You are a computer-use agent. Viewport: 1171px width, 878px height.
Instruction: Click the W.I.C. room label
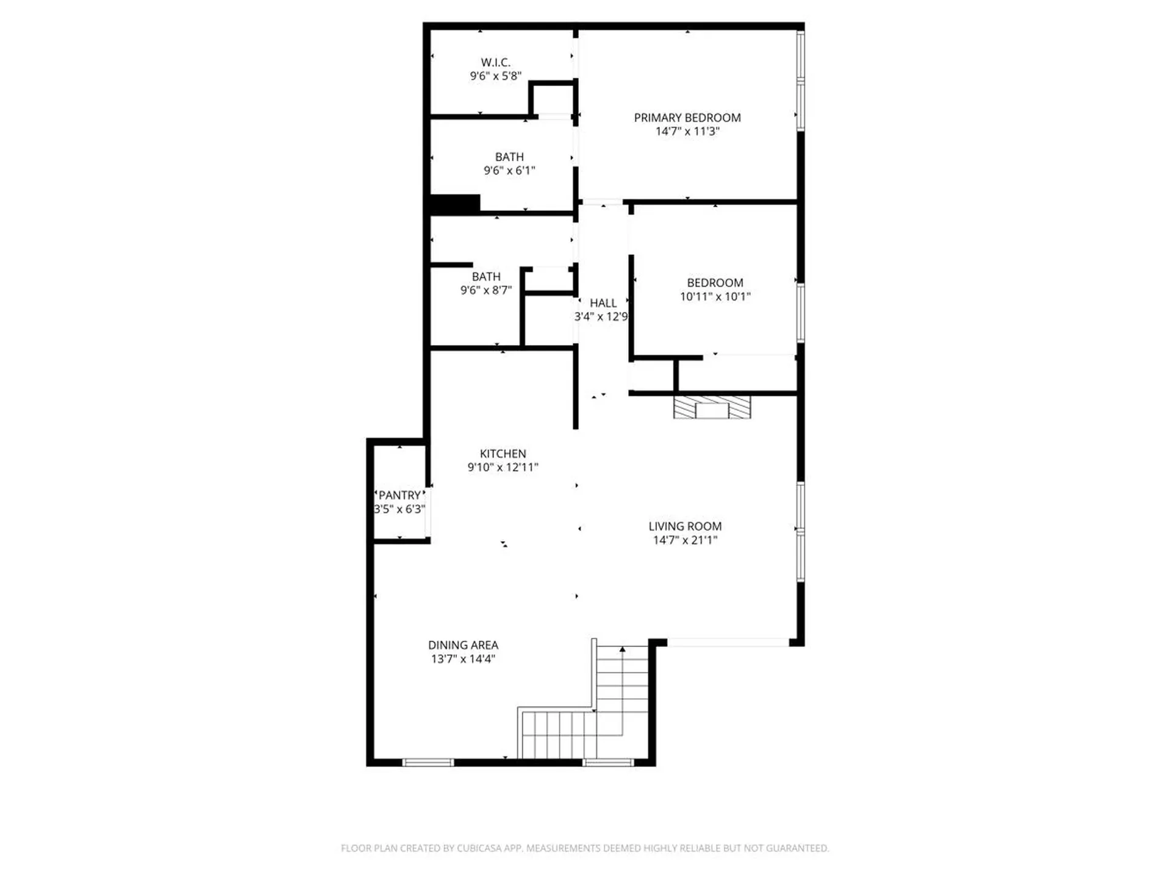click(x=495, y=62)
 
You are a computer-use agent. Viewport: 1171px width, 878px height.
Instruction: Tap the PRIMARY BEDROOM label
click(x=687, y=118)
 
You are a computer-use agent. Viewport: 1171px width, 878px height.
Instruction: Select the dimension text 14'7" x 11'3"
click(x=687, y=132)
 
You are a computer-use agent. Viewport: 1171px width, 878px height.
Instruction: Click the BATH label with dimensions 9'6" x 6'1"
click(x=509, y=157)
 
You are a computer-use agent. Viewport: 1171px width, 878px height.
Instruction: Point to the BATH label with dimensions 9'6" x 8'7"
click(x=486, y=277)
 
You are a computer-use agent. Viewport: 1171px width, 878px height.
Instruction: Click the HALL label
click(x=603, y=303)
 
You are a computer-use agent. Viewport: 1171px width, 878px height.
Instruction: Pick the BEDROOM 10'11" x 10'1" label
click(x=715, y=283)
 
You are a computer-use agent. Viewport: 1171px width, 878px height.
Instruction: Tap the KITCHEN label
click(x=503, y=454)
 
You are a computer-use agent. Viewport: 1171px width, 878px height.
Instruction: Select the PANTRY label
click(x=399, y=495)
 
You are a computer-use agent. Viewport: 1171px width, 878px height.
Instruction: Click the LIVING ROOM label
click(x=685, y=526)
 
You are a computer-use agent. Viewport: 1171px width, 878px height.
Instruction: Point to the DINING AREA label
click(x=463, y=645)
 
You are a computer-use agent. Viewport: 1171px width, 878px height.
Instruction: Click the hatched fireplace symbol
click(x=712, y=407)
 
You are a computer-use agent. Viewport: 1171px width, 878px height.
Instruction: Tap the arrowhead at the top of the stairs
click(x=622, y=650)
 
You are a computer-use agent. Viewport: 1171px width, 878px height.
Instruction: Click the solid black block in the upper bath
click(x=455, y=204)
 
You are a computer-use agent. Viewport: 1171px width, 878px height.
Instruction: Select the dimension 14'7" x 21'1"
click(x=685, y=540)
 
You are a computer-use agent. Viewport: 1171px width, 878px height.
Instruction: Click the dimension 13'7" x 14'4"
click(x=463, y=659)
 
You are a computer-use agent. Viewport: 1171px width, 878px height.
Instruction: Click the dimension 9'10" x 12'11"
click(x=503, y=468)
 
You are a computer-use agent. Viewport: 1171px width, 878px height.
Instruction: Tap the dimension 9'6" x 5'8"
click(x=495, y=76)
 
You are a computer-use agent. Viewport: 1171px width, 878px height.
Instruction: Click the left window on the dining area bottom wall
click(x=428, y=762)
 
